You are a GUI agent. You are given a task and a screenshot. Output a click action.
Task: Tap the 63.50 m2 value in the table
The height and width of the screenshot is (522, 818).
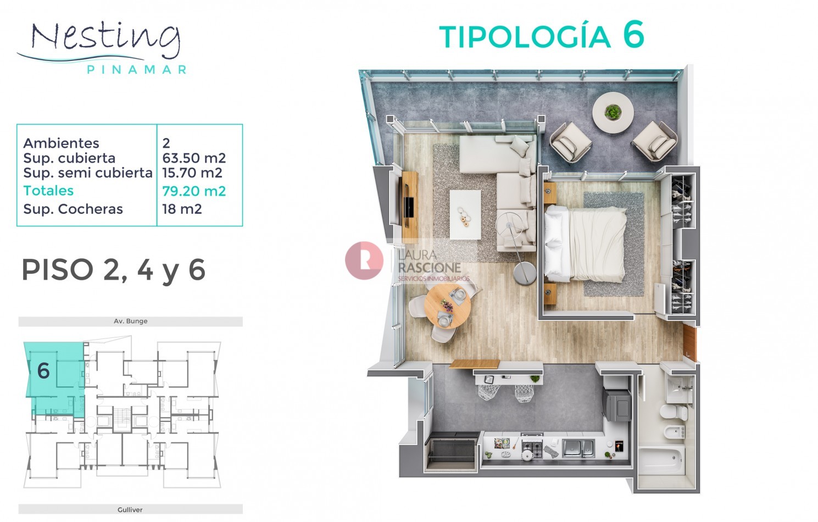(194, 158)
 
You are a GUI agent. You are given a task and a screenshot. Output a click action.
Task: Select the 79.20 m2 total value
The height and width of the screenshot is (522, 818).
(194, 191)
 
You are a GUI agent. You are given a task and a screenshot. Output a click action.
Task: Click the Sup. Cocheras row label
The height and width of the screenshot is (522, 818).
(73, 209)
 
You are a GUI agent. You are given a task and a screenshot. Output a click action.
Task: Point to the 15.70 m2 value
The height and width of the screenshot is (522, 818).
(192, 173)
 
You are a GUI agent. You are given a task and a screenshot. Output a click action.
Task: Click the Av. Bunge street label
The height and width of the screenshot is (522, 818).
(130, 321)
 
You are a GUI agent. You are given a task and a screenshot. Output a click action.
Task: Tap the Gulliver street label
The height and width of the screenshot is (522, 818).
(130, 509)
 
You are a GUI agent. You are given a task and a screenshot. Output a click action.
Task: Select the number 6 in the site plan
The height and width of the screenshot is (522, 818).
(43, 371)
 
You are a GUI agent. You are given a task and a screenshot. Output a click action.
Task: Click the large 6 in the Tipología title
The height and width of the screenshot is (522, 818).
(633, 34)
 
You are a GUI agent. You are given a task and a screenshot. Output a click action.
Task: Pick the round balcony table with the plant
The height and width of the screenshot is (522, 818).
(613, 113)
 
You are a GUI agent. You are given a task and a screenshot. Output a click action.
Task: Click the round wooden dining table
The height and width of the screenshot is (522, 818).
(447, 307)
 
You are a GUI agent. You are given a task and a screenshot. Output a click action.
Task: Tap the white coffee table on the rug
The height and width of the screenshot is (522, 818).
(465, 215)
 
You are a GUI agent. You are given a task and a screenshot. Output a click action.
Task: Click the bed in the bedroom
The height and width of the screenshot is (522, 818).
(585, 244)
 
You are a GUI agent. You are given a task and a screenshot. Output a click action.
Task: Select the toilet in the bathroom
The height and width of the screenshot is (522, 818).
(674, 412)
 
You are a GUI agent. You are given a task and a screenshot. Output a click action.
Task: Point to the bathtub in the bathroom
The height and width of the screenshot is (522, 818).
(661, 462)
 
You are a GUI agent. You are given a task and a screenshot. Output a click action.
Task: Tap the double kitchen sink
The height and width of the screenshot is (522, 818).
(578, 448)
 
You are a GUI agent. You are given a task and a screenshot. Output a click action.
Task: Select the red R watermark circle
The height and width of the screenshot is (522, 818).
(364, 260)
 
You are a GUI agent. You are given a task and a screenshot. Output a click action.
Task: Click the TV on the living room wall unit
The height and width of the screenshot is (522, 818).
(409, 207)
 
